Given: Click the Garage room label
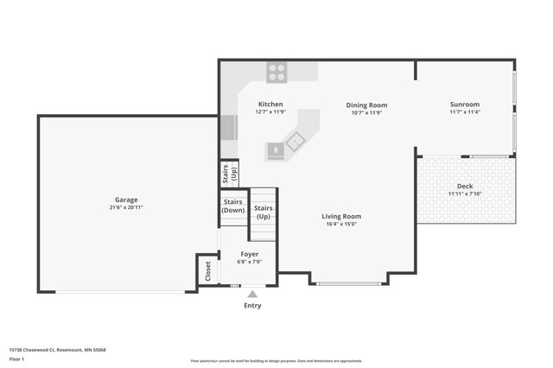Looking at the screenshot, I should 126,200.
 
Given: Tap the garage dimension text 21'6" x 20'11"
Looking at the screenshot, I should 126,207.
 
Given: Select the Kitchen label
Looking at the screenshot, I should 270,105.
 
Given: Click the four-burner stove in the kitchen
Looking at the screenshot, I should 276,73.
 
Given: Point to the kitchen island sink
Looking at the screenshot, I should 297,141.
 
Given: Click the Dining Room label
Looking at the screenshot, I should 366,105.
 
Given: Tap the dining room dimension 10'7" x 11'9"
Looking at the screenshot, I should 366,112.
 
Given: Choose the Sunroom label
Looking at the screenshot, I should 464,105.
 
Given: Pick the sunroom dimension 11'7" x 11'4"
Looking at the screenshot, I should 464,112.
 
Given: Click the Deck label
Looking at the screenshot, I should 465,186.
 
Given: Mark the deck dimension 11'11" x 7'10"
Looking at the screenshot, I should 465,194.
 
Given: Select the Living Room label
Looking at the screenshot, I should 341,216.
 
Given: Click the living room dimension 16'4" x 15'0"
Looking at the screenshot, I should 341,224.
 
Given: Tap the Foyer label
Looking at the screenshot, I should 250,254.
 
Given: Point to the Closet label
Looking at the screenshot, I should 207,271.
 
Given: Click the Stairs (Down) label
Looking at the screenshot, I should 232,207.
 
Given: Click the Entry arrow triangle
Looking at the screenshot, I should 252,294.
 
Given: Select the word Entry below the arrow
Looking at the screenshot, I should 252,305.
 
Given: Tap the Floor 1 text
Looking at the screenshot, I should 16,358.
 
